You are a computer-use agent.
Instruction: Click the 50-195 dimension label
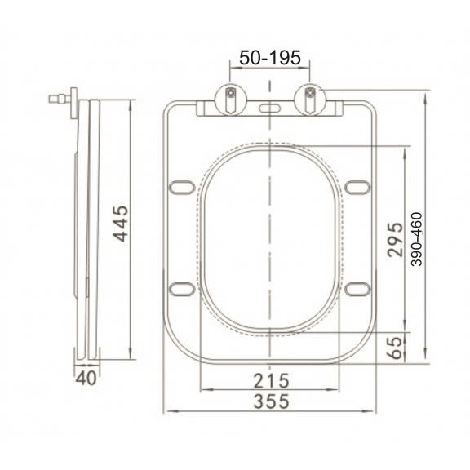point(270,58)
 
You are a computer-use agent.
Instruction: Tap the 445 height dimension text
point(121,224)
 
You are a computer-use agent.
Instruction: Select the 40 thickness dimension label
point(86,378)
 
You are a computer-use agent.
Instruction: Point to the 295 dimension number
point(395,240)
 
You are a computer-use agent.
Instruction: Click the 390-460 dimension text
point(417,239)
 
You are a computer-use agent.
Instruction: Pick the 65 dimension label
point(394,348)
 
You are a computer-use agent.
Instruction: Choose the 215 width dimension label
point(271,381)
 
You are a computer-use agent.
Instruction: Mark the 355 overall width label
point(271,401)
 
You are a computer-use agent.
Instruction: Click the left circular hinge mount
point(231,100)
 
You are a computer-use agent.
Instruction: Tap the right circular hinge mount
point(310,100)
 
